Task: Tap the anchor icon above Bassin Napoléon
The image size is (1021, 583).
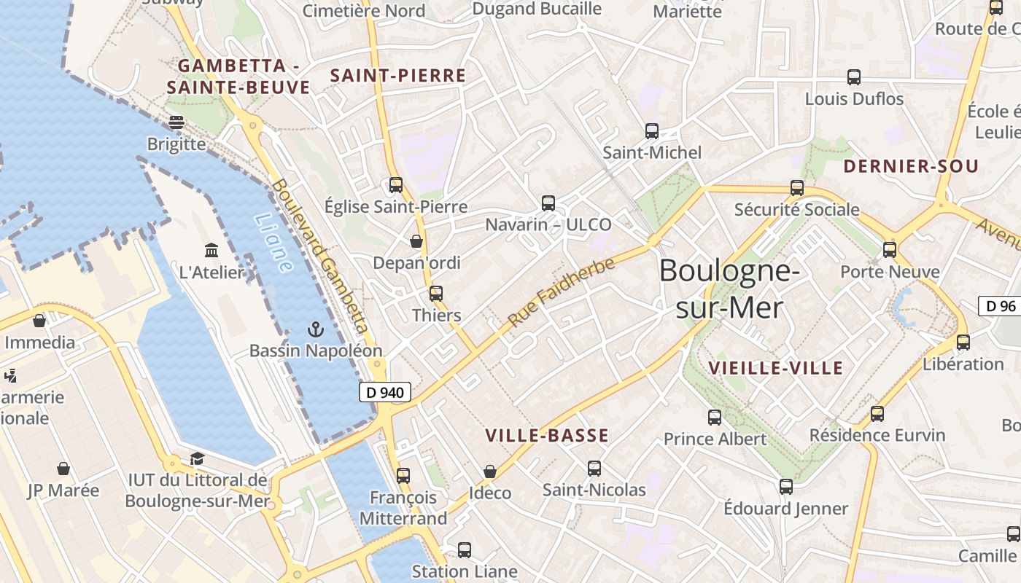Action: coord(315,329)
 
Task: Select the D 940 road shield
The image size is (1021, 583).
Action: coord(385,392)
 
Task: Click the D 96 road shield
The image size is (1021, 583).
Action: coord(1000,306)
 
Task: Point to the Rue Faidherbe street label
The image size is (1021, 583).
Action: coord(562,292)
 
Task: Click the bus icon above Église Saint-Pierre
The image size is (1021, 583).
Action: coord(396,185)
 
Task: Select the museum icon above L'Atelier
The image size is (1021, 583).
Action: coord(211,251)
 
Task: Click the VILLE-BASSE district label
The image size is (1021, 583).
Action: coord(547,436)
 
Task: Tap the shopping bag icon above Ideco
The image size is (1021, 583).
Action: coord(490,472)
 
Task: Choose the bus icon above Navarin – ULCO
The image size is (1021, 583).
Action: coord(548,203)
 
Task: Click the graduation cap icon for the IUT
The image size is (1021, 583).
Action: coord(197,458)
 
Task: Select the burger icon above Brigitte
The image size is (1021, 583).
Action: coord(176,122)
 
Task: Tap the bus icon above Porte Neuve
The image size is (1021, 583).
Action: coord(890,250)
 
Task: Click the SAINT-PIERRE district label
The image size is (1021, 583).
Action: coord(398,76)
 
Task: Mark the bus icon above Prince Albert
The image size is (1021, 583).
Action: coord(715,418)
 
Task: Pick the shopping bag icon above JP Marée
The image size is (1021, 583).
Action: coord(63,469)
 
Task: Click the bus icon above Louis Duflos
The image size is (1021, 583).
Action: coord(854,77)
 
